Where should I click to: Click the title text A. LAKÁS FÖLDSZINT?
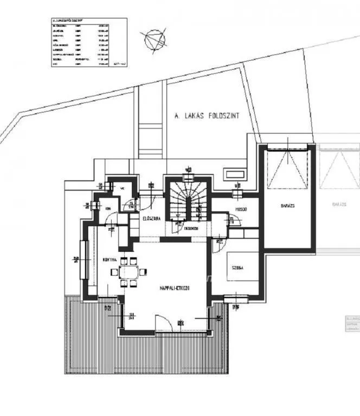coord(206,115)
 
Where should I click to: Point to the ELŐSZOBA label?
coord(150,219)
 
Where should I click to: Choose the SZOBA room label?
coord(236,268)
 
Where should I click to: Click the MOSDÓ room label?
coord(241,209)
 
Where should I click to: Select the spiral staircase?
coord(187,201)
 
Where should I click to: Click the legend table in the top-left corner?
coord(87,43)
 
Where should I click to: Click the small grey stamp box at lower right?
coord(352,324)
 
